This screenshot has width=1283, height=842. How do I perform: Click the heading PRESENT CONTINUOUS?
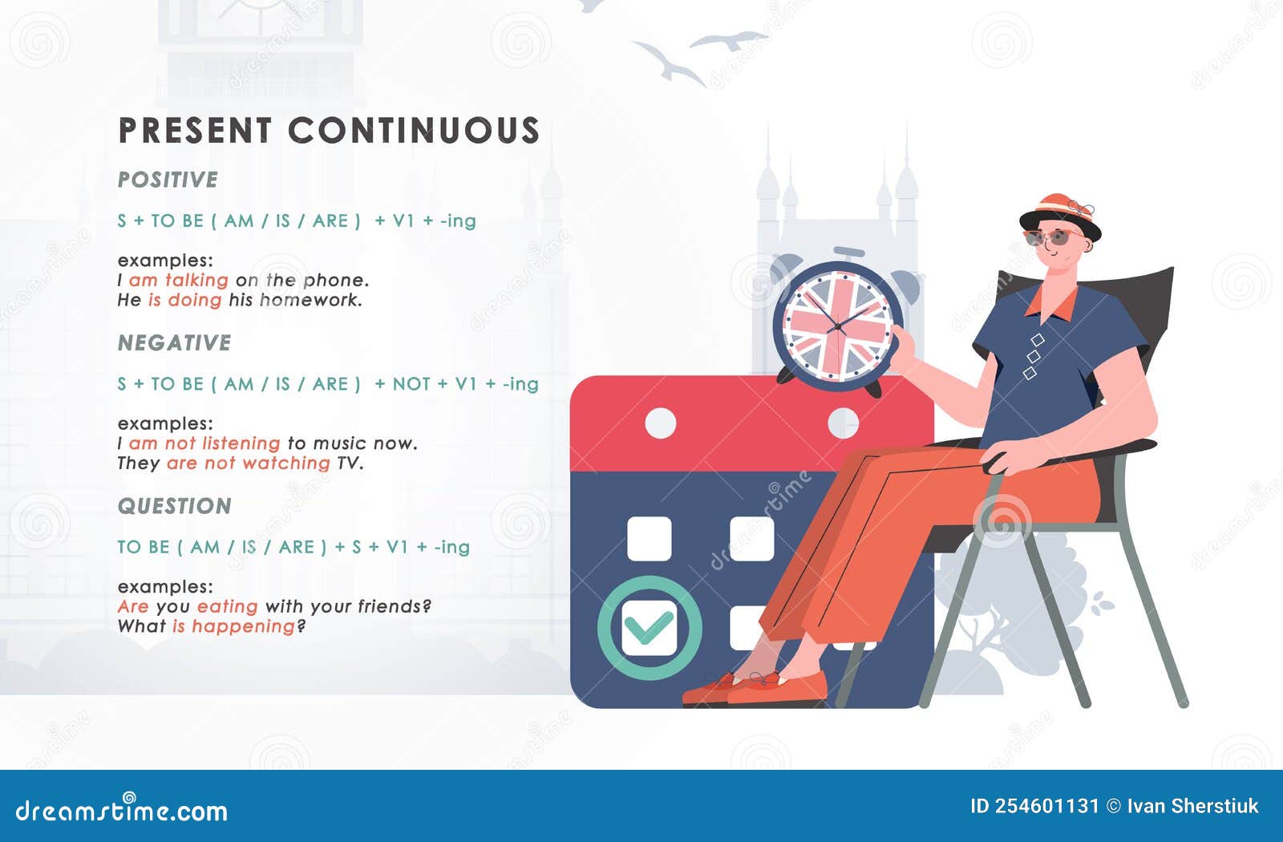(329, 131)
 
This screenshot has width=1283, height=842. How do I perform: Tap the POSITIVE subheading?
(168, 180)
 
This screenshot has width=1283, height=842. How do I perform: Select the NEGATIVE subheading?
(174, 343)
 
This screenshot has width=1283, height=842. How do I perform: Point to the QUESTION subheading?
(174, 506)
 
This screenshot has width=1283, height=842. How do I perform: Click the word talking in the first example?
(196, 280)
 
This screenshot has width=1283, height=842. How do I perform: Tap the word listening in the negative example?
(241, 443)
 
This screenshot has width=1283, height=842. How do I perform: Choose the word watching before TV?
(286, 463)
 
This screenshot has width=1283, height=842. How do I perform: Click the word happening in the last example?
(243, 626)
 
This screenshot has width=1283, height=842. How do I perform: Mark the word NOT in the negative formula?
(411, 384)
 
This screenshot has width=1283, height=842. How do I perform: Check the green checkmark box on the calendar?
(650, 628)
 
